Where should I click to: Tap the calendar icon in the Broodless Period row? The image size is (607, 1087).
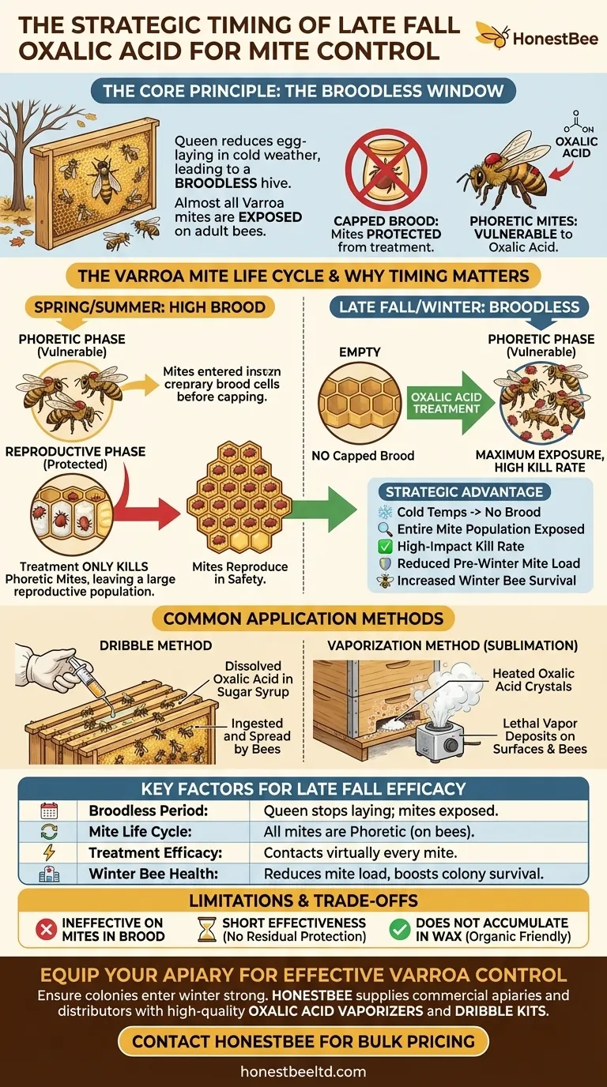click(49, 811)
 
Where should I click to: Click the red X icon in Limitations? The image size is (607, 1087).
click(46, 929)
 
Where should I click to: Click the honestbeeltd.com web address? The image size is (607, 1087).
click(303, 1071)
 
